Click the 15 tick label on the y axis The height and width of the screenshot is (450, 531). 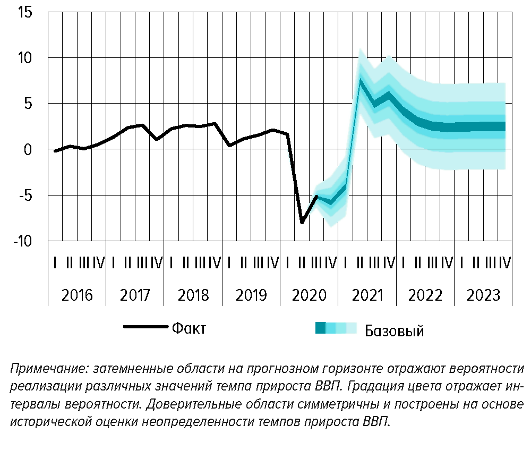24,12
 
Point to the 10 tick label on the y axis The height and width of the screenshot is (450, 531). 24,57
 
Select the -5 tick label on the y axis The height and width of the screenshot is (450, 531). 24,196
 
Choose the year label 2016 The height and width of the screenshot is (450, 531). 78,295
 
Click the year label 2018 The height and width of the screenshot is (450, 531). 193,295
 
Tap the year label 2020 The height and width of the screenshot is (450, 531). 310,295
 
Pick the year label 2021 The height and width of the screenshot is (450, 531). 367,295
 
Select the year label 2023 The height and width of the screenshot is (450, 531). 484,295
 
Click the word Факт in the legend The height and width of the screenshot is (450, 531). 189,328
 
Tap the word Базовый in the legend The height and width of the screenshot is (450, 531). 394,332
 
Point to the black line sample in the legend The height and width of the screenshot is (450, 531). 145,327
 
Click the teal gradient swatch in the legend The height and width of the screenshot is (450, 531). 335,328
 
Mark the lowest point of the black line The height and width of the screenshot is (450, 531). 302,222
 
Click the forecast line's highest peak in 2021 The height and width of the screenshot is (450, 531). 360,80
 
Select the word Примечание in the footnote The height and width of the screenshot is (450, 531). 45,369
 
